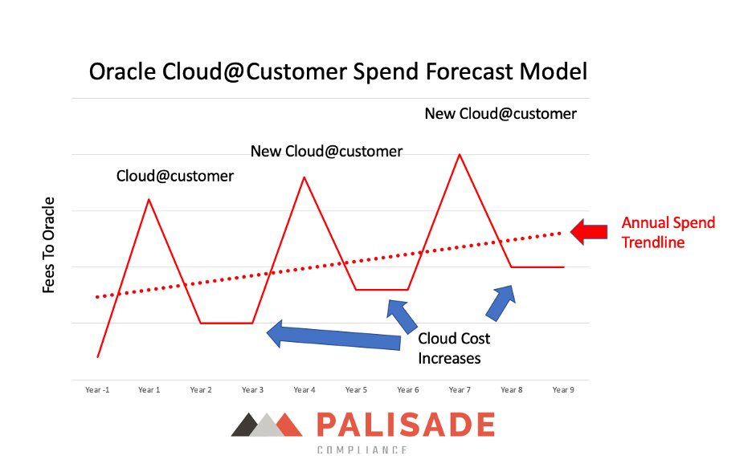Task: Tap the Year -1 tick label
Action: point(97,390)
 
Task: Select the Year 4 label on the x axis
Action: point(304,390)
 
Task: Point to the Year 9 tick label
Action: point(563,390)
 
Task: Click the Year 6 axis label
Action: point(407,390)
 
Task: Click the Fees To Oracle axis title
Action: point(48,245)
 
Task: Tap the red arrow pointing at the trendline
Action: point(589,232)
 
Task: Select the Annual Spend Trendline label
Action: point(668,233)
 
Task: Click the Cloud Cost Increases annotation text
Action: point(454,348)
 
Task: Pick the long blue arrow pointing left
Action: point(333,336)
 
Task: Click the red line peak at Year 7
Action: point(460,154)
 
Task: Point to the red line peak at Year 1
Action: point(149,199)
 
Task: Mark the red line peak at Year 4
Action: point(304,177)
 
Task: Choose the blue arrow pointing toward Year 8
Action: point(501,303)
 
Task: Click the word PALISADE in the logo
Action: point(406,425)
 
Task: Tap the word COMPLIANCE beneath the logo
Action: point(362,450)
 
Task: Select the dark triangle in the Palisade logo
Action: point(247,425)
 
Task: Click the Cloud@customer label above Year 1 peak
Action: point(175,177)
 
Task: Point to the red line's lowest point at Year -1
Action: point(98,357)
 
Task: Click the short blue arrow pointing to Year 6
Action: point(402,316)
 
